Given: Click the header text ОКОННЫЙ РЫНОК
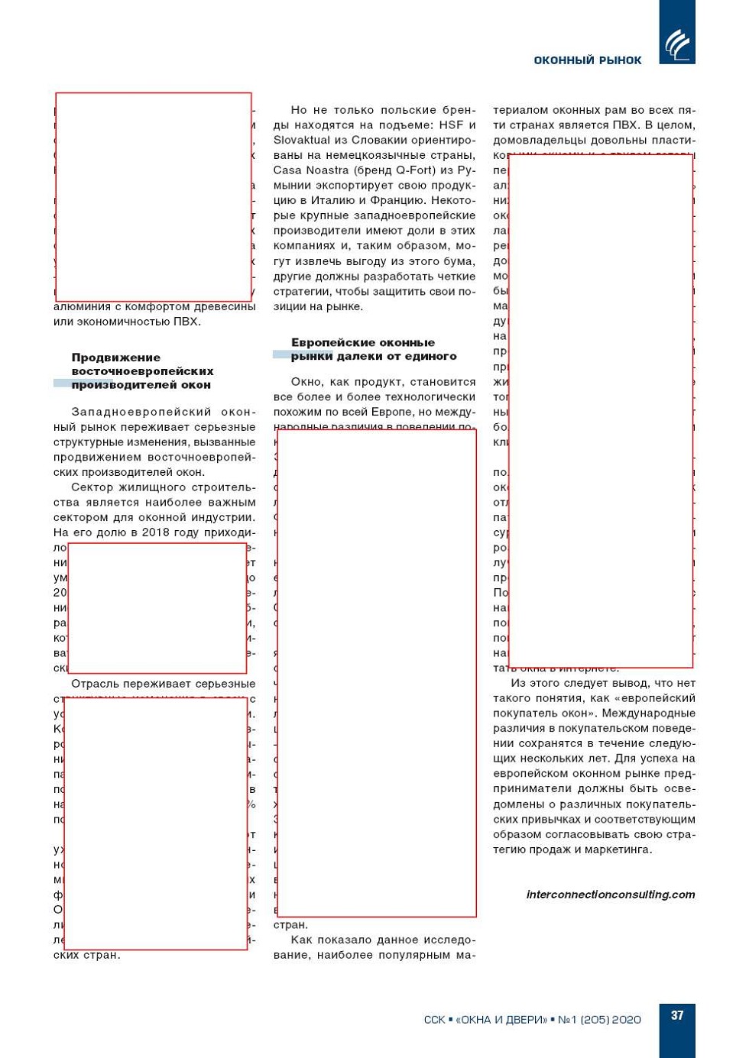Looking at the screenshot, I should [587, 60].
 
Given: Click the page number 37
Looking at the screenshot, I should [677, 1015].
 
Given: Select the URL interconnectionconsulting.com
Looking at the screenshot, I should [611, 895].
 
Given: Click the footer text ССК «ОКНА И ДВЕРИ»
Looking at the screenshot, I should [485, 1020].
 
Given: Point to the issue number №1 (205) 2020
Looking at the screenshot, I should [599, 1020].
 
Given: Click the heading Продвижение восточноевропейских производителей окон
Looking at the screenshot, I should [142, 371].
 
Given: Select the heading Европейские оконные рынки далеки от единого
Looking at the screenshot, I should [373, 349].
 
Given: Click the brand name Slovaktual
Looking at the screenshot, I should [301, 141].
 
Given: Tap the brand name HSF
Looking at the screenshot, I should [451, 125].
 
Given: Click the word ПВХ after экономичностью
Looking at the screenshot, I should [186, 322].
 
